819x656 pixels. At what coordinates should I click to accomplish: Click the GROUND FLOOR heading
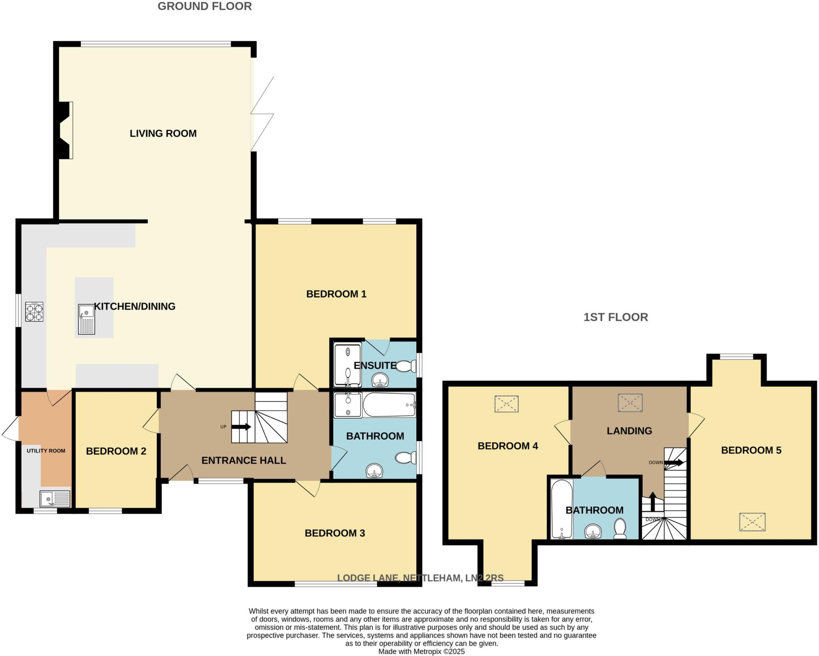click(x=204, y=6)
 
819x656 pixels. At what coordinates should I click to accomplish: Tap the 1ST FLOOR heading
click(x=615, y=317)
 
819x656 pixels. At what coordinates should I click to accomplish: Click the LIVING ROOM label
click(x=163, y=133)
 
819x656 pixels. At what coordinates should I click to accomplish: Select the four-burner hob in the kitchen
click(x=34, y=312)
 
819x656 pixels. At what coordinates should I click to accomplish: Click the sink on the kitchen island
click(x=86, y=319)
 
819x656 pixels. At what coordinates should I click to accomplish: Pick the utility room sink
click(x=55, y=499)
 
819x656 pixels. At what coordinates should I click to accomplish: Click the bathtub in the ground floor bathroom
click(x=389, y=405)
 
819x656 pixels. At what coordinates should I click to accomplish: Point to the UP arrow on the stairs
click(x=241, y=427)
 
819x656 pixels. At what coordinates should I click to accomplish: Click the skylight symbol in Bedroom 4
click(x=506, y=404)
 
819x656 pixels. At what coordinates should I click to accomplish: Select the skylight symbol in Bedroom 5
click(x=752, y=522)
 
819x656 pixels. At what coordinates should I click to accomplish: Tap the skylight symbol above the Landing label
click(x=630, y=403)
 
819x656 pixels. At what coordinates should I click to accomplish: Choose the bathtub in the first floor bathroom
click(x=561, y=509)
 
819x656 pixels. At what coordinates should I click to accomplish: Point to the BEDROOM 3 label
click(x=335, y=533)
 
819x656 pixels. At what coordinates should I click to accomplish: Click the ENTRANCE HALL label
click(x=244, y=460)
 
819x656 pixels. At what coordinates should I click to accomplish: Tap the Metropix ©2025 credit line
click(x=421, y=652)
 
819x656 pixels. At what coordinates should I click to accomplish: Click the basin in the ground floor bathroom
click(x=374, y=470)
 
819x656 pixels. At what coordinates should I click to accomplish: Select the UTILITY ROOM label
click(x=46, y=451)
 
